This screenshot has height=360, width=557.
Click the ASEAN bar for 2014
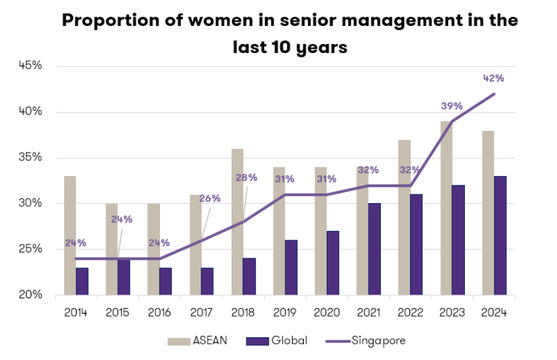(x=70, y=235)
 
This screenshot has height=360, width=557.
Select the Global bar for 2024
(x=500, y=235)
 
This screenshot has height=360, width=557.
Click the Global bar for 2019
(x=291, y=267)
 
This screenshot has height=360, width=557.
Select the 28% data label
(x=247, y=178)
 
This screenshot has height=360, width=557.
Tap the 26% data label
(x=209, y=198)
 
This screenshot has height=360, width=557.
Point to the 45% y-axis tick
(x=30, y=66)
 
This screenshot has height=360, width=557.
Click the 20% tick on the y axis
(x=30, y=295)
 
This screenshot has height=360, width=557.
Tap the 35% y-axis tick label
(x=30, y=157)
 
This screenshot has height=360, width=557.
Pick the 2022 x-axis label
(x=409, y=312)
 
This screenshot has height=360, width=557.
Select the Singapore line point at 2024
(x=494, y=94)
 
